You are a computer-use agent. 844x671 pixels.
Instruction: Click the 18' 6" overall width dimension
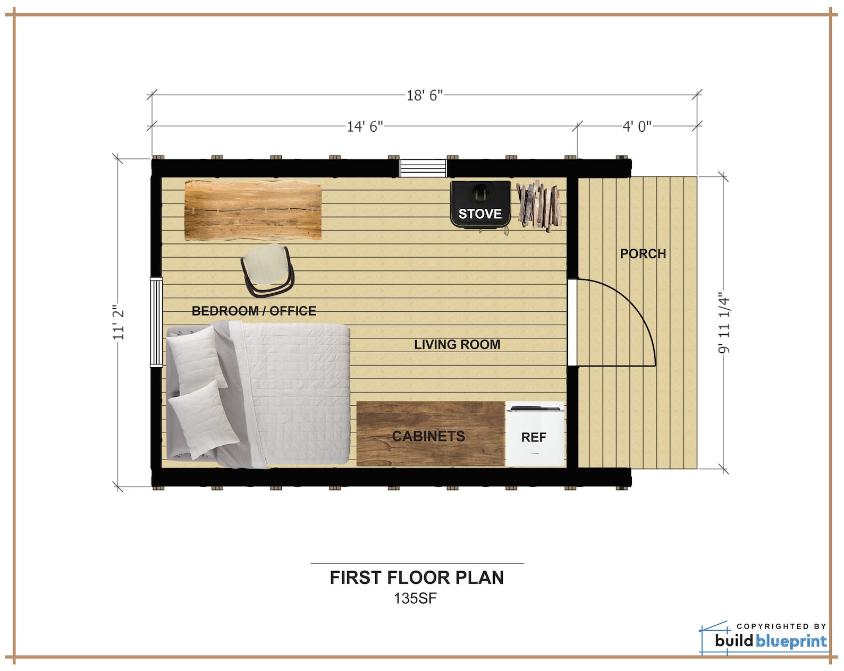pyautogui.click(x=424, y=96)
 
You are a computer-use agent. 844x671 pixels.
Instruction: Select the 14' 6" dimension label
pyautogui.click(x=365, y=126)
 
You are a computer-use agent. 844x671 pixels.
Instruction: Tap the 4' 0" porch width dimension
pyautogui.click(x=637, y=126)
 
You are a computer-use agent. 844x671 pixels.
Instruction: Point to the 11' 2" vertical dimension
pyautogui.click(x=118, y=322)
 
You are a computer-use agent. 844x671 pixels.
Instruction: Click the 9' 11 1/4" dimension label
pyautogui.click(x=724, y=322)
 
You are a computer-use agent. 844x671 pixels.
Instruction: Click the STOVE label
pyautogui.click(x=480, y=214)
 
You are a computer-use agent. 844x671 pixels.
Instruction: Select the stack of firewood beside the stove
pyautogui.click(x=538, y=205)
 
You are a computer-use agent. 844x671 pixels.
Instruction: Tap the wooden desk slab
pyautogui.click(x=253, y=210)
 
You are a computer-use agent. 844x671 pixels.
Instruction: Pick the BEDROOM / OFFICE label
pyautogui.click(x=254, y=311)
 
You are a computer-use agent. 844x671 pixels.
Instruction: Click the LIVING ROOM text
pyautogui.click(x=457, y=344)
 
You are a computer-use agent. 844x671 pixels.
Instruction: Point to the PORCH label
pyautogui.click(x=643, y=253)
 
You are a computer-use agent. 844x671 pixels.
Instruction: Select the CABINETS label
pyautogui.click(x=428, y=436)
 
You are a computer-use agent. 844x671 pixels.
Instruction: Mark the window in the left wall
pyautogui.click(x=156, y=322)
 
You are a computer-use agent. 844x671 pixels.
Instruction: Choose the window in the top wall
pyautogui.click(x=423, y=168)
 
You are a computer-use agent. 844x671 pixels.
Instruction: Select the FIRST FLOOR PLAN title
pyautogui.click(x=417, y=577)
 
